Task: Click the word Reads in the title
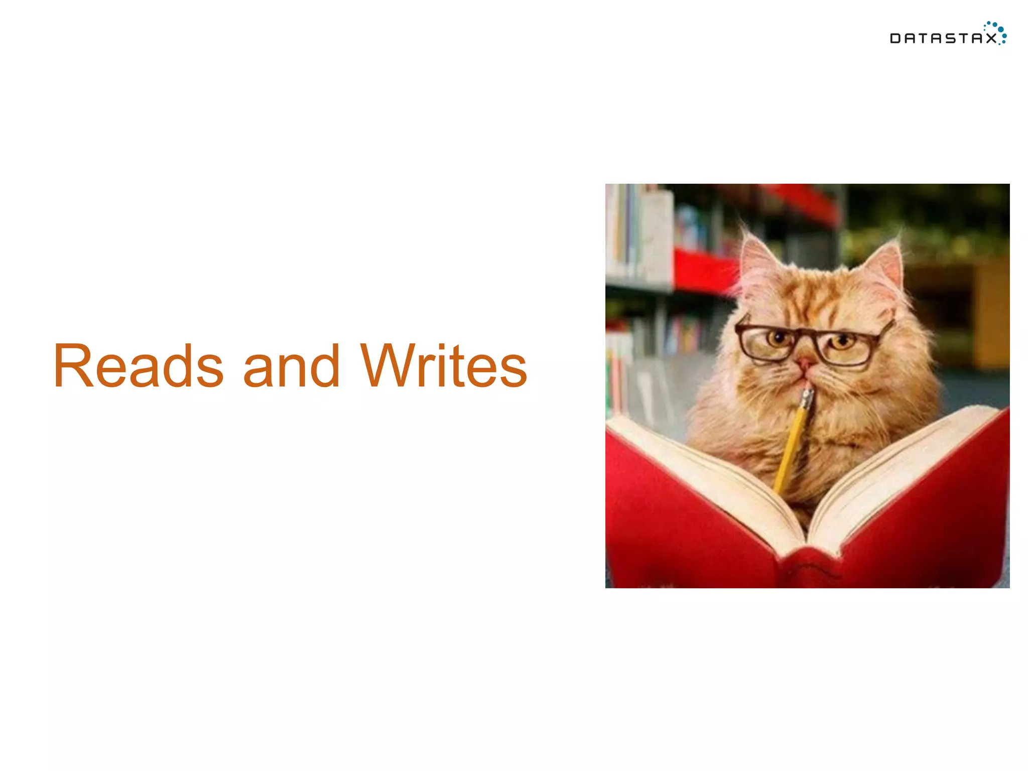click(138, 366)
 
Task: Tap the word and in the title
click(291, 366)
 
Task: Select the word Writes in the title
click(443, 366)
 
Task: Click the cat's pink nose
click(806, 362)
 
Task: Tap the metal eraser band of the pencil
click(806, 399)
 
